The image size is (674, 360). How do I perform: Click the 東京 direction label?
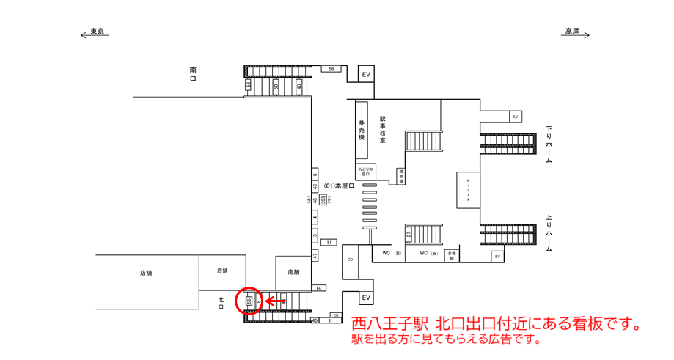pos(96,32)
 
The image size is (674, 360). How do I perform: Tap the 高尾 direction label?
pos(572,32)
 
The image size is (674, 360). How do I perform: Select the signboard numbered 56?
pos(331,69)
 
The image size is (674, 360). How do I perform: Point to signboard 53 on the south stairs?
pos(249,86)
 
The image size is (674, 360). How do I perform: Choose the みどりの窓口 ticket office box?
pos(365,172)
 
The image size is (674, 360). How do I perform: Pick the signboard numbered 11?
pos(329,243)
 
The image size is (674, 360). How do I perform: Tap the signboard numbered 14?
pos(318,288)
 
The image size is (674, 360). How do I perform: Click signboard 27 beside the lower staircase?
pos(409,234)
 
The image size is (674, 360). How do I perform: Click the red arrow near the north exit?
pos(275,301)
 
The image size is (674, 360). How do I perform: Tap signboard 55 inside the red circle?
pos(249,301)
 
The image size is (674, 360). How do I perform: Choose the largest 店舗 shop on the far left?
pos(146,273)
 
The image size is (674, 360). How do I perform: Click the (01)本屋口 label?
pos(339,186)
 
